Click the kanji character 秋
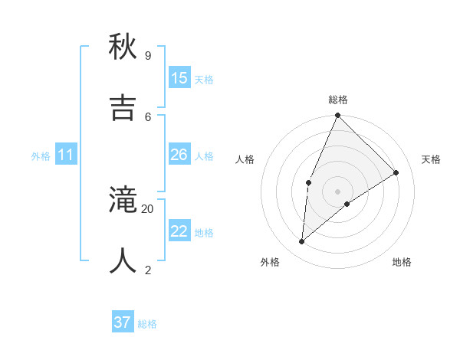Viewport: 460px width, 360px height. [123, 47]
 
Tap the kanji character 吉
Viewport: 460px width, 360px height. [123, 108]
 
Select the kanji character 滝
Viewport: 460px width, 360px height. [123, 201]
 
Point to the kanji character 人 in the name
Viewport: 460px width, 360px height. [123, 261]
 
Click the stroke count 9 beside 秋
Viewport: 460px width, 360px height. [148, 55]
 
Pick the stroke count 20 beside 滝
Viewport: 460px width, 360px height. [148, 208]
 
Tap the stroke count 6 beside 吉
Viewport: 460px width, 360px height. [148, 116]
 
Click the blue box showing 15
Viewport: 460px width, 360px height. [179, 78]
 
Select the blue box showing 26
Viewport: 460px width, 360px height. [179, 155]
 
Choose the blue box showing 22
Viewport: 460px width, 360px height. [179, 231]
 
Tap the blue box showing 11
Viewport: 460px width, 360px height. [66, 155]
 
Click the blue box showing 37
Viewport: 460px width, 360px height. [123, 322]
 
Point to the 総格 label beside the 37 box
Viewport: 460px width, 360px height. [147, 324]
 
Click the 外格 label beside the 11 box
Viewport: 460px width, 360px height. [41, 156]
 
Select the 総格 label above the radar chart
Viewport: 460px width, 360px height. [338, 100]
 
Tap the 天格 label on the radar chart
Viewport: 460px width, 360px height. [431, 159]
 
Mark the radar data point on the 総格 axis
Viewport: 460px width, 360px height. [337, 116]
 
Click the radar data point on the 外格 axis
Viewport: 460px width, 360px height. [302, 242]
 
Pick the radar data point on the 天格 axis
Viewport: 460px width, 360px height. [396, 172]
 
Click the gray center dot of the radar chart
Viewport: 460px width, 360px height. [337, 191]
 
